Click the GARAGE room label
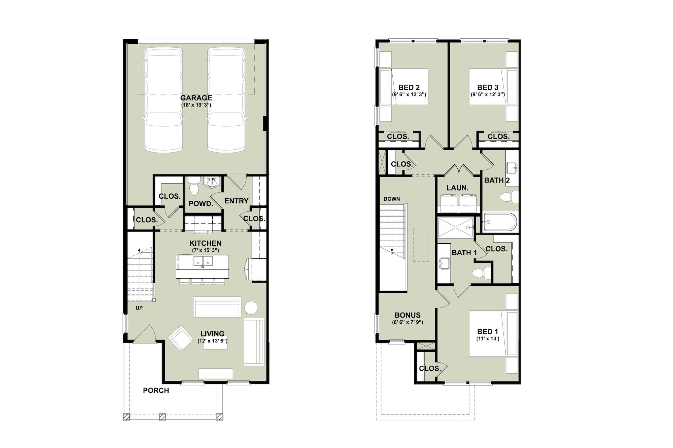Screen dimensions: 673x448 196,98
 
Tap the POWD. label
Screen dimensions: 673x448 201,203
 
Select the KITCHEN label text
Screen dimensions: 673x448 205,243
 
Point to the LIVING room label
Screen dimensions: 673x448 212,334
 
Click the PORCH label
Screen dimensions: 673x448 156,391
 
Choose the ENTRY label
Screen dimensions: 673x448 236,201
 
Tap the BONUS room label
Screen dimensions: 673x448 408,315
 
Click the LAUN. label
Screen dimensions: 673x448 458,188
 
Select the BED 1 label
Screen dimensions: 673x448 488,332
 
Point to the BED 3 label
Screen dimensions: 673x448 488,88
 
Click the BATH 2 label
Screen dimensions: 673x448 497,180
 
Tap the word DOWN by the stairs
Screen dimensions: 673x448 392,199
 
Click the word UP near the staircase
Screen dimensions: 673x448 139,308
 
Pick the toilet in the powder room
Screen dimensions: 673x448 194,188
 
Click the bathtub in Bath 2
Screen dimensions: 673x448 500,222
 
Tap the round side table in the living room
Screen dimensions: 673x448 251,308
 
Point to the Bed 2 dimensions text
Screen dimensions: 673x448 409,94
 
